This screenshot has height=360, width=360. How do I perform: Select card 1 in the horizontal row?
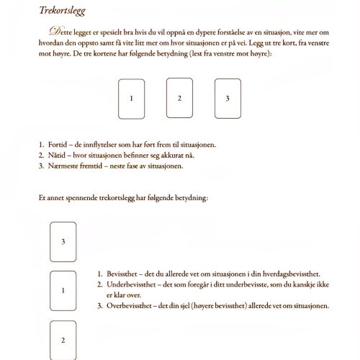tap(131, 97)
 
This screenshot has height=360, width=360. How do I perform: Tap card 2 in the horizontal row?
tap(179, 97)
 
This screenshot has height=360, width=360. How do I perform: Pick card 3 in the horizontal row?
tap(228, 97)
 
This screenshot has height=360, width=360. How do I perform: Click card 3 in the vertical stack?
tap(63, 241)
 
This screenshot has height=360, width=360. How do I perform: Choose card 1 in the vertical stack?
tap(63, 290)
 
